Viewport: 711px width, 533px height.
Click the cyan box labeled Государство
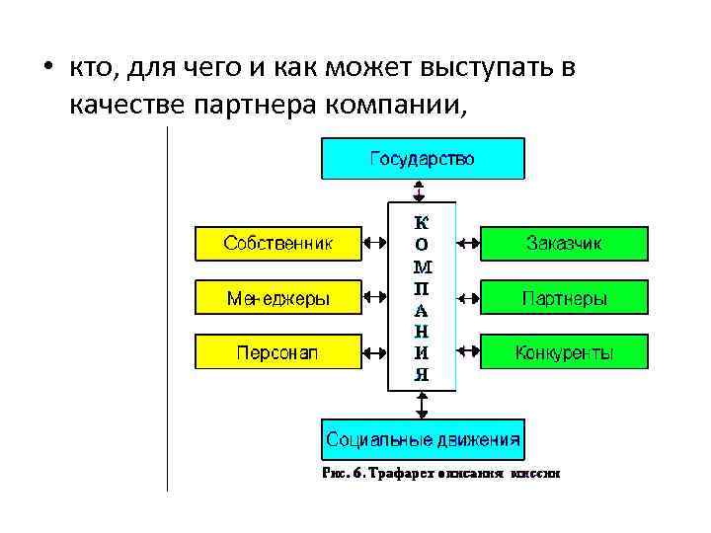pos(423,158)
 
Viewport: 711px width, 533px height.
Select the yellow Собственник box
pos(277,243)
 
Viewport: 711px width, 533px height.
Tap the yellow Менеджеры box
pos(277,297)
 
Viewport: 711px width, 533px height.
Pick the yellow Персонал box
pos(277,351)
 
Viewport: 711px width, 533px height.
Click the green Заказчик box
pos(564,243)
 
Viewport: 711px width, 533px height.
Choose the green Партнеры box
pos(564,297)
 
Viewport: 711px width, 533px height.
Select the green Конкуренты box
pos(564,351)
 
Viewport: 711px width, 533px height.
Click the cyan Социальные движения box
pos(424,437)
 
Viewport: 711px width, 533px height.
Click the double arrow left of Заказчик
pos(468,243)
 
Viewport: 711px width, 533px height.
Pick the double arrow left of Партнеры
pos(468,297)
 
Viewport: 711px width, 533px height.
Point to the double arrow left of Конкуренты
pos(468,351)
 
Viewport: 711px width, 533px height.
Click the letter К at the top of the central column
pos(422,222)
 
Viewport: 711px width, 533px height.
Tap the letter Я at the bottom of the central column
pos(422,374)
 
